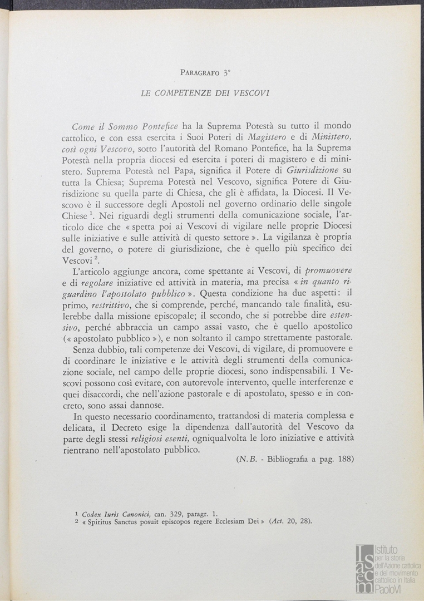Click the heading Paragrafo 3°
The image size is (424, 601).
[x=205, y=72]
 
